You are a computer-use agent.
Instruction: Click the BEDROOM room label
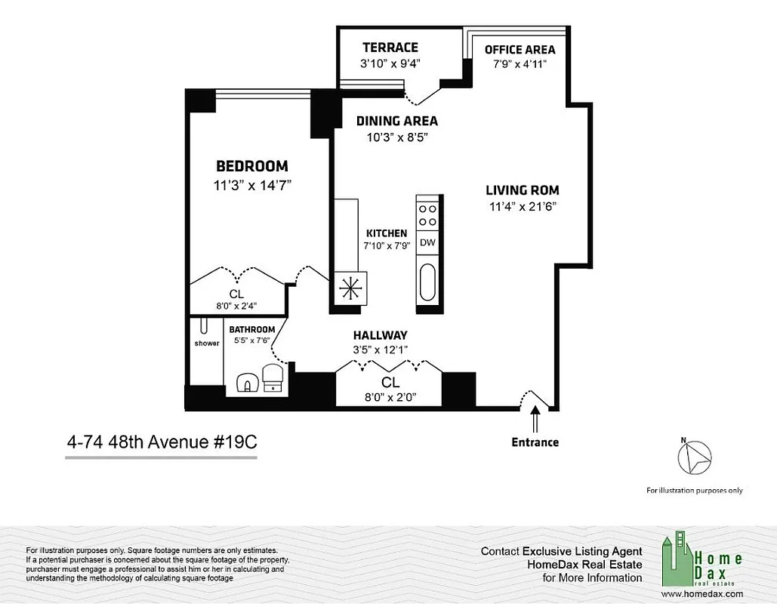pos(251,166)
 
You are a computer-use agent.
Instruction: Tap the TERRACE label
pos(390,48)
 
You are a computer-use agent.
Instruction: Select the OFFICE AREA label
pos(520,50)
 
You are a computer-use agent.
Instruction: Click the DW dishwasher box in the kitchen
pos(427,242)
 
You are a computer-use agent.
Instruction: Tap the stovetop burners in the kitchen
pos(427,215)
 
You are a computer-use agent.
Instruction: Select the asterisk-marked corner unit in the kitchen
pos(350,288)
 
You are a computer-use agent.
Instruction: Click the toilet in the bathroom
pos(271,377)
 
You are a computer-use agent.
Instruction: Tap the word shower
pos(206,344)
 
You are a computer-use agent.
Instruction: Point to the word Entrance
pos(535,442)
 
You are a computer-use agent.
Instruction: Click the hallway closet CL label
pos(390,383)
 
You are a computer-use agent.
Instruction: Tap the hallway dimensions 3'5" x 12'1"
pos(381,350)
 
